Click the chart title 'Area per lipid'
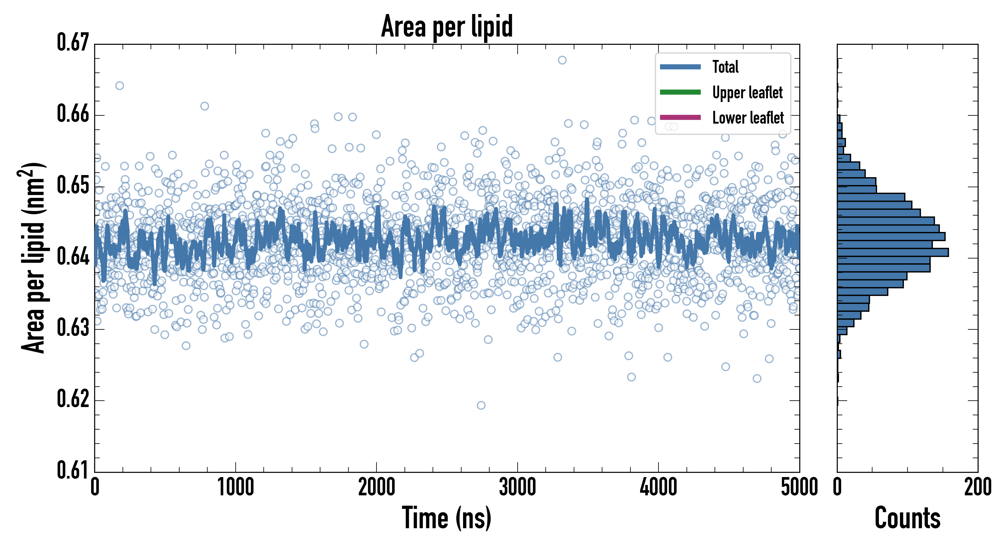pos(447,26)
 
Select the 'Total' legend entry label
pos(725,67)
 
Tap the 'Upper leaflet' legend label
pos(747,93)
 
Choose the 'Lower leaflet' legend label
pos(748,118)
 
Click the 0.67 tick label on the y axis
pos(73,43)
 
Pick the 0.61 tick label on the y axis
pos(73,470)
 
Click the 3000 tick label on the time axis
pos(517,487)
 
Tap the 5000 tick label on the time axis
pos(799,487)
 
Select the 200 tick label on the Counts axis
pos(977,487)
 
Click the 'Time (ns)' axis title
pos(447,518)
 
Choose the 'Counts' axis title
pos(907,518)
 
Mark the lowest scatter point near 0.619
pos(481,405)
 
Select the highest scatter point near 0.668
pos(562,60)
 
